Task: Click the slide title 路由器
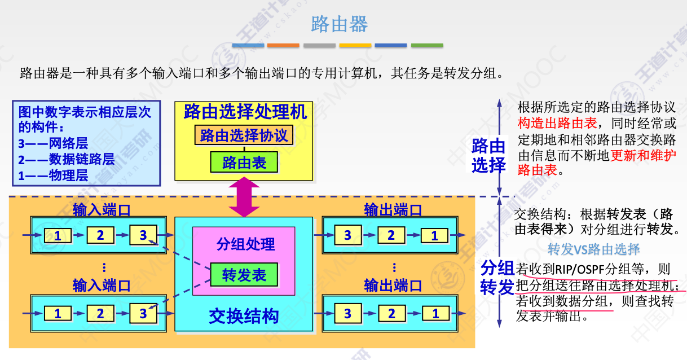coord(340,24)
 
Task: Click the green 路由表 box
coord(244,163)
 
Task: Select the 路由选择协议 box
coord(244,135)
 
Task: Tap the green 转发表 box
coord(244,275)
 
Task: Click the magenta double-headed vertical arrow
coord(244,197)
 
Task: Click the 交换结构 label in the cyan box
coord(244,316)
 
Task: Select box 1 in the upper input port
coord(58,235)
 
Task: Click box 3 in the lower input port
coord(143,313)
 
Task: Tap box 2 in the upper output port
coord(391,235)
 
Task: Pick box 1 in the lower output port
coord(435,313)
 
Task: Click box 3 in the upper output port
coord(347,235)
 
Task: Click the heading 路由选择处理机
coord(245,112)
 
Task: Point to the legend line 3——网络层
coord(53,143)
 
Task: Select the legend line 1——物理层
coord(53,175)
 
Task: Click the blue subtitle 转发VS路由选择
coord(594,249)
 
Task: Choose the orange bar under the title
coord(283,45)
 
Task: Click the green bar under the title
coord(427,45)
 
